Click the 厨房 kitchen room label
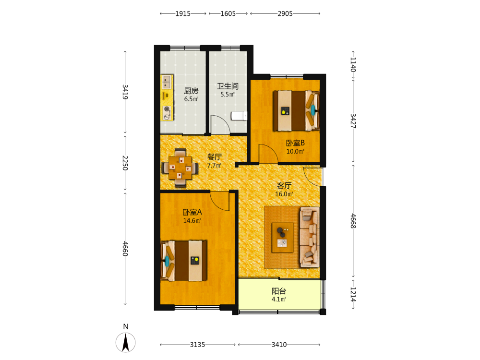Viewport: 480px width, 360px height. pyautogui.click(x=191, y=91)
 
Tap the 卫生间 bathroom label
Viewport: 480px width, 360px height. pyautogui.click(x=228, y=86)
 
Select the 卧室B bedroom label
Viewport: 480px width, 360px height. pyautogui.click(x=295, y=143)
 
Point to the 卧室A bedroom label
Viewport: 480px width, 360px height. pyautogui.click(x=192, y=212)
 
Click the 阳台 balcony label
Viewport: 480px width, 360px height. pyautogui.click(x=279, y=291)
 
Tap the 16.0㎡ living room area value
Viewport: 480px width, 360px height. pyautogui.click(x=284, y=194)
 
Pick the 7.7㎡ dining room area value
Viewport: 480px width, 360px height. pyautogui.click(x=214, y=165)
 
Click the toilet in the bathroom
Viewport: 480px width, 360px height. pyautogui.click(x=239, y=116)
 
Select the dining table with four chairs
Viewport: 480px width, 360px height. pyautogui.click(x=180, y=168)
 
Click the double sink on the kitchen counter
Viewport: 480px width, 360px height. pyautogui.click(x=167, y=82)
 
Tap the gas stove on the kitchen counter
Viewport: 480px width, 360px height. pyautogui.click(x=167, y=113)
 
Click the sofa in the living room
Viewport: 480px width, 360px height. pyautogui.click(x=310, y=237)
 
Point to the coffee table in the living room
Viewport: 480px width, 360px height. pyautogui.click(x=283, y=238)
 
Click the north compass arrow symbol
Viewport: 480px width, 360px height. pyautogui.click(x=125, y=342)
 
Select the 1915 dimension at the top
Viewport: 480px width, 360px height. pyautogui.click(x=183, y=13)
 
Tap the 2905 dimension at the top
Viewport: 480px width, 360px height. pyautogui.click(x=285, y=13)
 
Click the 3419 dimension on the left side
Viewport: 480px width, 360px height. pyautogui.click(x=125, y=92)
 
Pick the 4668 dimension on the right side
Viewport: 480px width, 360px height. pyautogui.click(x=353, y=221)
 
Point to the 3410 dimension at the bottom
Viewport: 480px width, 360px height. pyautogui.click(x=279, y=345)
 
